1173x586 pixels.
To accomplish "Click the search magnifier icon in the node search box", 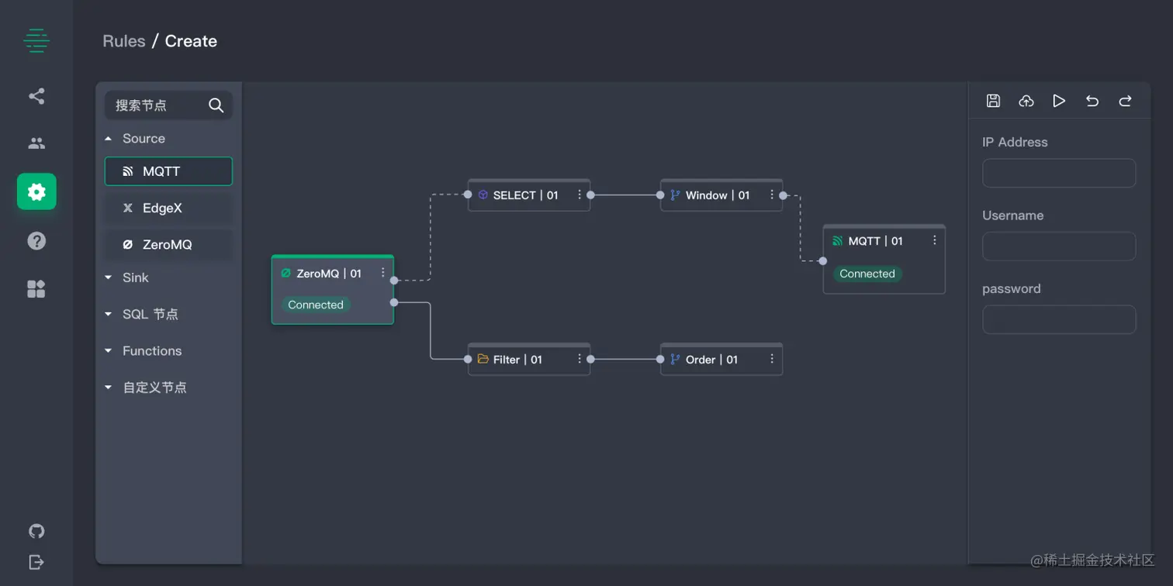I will (216, 105).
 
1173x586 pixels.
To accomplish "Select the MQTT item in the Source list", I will (168, 171).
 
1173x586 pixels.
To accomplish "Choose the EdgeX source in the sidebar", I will (168, 208).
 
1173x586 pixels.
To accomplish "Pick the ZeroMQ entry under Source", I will (168, 244).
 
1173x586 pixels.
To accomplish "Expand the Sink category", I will (135, 277).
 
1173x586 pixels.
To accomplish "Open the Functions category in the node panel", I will (151, 351).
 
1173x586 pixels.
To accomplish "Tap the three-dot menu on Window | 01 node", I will (771, 195).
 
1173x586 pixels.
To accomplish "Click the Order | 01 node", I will (711, 360).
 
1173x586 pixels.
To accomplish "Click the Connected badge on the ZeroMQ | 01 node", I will (316, 305).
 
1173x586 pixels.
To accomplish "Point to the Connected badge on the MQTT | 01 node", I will (867, 274).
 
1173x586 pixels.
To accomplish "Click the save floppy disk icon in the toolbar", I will (993, 101).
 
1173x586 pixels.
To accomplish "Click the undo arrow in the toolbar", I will (1092, 101).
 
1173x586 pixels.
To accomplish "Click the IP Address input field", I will (1059, 173).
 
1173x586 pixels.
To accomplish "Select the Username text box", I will (1059, 246).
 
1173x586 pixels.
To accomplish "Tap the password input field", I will (1059, 319).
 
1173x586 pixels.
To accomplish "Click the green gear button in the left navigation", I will (36, 191).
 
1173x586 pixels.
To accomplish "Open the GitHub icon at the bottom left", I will (36, 531).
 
